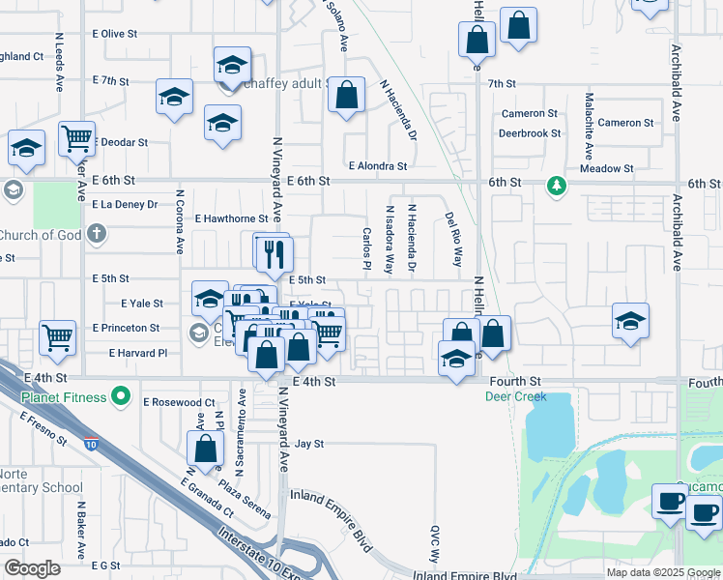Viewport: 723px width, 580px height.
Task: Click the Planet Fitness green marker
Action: point(120,394)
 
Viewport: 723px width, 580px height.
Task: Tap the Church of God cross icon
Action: point(96,233)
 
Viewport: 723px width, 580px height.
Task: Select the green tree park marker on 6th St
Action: point(556,185)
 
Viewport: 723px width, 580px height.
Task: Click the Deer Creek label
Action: point(516,396)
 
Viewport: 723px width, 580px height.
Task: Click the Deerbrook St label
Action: point(530,133)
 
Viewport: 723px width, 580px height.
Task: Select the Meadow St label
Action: point(606,168)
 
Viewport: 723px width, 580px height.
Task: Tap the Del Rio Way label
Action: point(453,240)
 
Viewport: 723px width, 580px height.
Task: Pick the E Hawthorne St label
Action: point(231,218)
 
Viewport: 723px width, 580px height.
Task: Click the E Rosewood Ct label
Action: point(179,401)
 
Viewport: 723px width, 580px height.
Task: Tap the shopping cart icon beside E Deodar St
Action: point(75,137)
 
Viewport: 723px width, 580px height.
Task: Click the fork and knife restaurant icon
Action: point(276,253)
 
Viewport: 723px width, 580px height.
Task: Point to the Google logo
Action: point(32,568)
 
